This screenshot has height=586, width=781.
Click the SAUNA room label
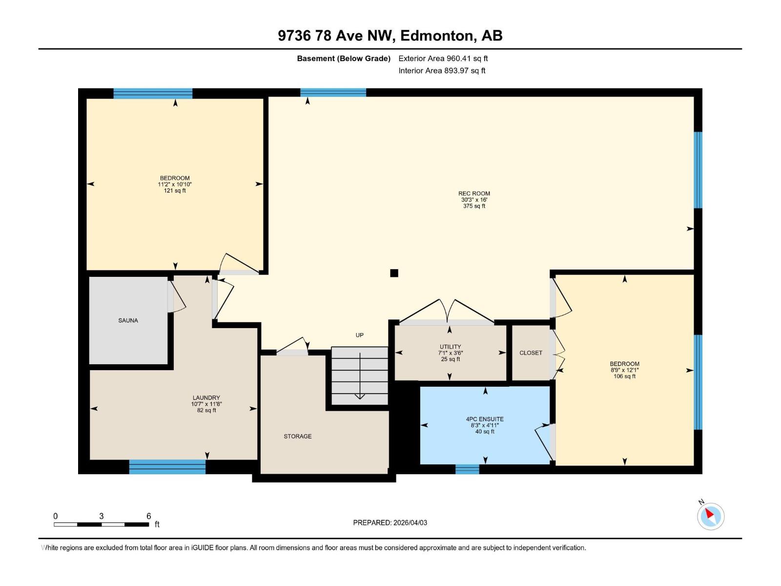pos(128,320)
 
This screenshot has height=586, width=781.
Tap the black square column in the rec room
pos(394,273)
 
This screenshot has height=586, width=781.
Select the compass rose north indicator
pos(710,516)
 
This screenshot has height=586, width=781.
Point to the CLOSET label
pos(531,353)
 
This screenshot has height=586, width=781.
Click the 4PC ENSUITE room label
pos(485,419)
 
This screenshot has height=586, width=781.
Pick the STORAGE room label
pos(297,436)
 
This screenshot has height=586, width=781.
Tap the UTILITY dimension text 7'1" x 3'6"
pos(450,353)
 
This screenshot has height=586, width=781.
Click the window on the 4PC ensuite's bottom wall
pos(467,469)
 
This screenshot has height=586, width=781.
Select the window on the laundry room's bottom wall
pos(167,467)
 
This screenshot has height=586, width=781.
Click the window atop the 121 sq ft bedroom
pos(153,93)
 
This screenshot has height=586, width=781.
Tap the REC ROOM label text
pos(474,193)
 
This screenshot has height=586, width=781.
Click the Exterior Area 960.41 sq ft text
pos(443,58)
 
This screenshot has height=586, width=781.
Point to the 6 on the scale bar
pos(148,516)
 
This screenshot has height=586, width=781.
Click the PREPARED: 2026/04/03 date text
pos(390,523)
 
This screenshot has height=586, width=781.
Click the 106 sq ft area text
pos(624,376)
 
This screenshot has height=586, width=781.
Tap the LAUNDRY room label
pos(206,398)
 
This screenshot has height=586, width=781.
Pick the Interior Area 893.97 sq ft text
pos(441,70)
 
